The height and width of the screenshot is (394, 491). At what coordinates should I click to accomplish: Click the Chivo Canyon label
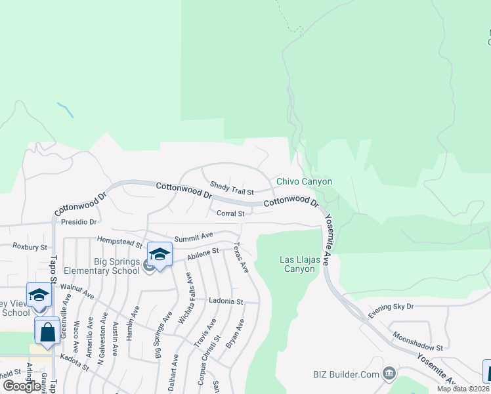tap(304, 182)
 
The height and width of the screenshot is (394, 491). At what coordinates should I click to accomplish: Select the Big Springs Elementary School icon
tap(160, 254)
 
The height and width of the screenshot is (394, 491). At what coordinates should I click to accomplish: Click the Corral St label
tap(230, 213)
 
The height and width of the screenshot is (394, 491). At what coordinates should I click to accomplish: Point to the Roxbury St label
tap(30, 247)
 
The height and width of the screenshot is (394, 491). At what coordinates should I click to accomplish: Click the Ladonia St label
tap(226, 301)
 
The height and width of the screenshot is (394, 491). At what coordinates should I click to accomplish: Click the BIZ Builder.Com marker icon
tap(389, 374)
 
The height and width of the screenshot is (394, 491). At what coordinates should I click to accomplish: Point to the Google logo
tap(22, 385)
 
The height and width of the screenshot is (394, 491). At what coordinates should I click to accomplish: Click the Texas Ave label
tap(241, 258)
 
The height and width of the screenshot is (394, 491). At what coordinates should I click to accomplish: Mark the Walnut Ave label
tap(77, 292)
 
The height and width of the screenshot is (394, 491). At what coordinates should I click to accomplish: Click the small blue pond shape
tap(65, 109)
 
